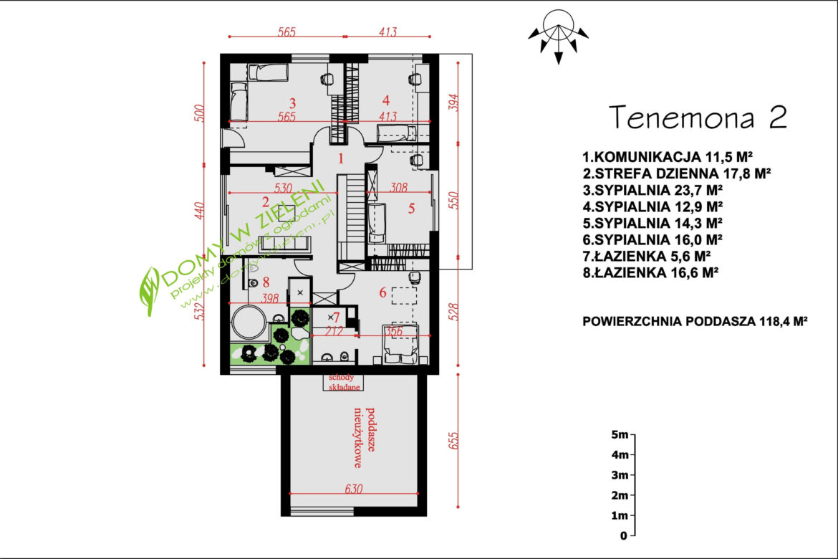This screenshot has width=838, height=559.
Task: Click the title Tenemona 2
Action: (698, 118)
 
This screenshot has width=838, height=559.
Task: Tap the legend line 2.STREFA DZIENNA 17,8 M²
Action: (677, 173)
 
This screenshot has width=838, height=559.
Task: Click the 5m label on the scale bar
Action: (620, 434)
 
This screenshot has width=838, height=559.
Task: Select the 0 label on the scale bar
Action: (624, 535)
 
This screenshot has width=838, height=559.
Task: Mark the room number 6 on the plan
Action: (382, 292)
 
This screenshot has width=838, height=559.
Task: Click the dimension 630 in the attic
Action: (354, 489)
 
